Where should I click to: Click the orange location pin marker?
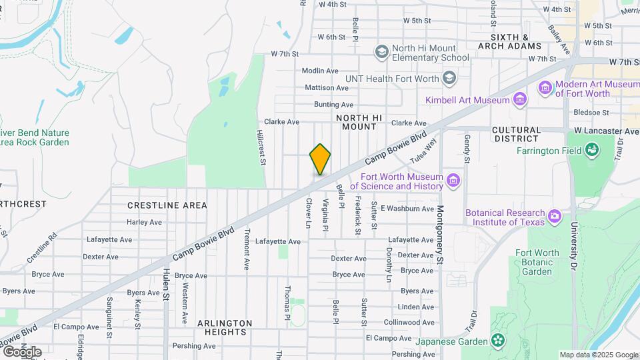tap(320, 159)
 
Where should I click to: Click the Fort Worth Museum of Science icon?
tap(453, 181)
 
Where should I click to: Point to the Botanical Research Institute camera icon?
tap(554, 216)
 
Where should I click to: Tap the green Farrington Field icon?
tap(591, 151)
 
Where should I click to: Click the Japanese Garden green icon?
tap(498, 341)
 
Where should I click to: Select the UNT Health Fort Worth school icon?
tap(449, 79)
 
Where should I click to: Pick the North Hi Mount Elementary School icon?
tap(381, 52)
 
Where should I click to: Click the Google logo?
tap(21, 351)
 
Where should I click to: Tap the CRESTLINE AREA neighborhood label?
tap(167, 205)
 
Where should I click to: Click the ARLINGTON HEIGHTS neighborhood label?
tap(225, 329)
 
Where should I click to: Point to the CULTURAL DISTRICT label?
tap(524, 134)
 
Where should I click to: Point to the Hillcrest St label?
tap(262, 147)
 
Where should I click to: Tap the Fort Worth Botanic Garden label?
tap(537, 262)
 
